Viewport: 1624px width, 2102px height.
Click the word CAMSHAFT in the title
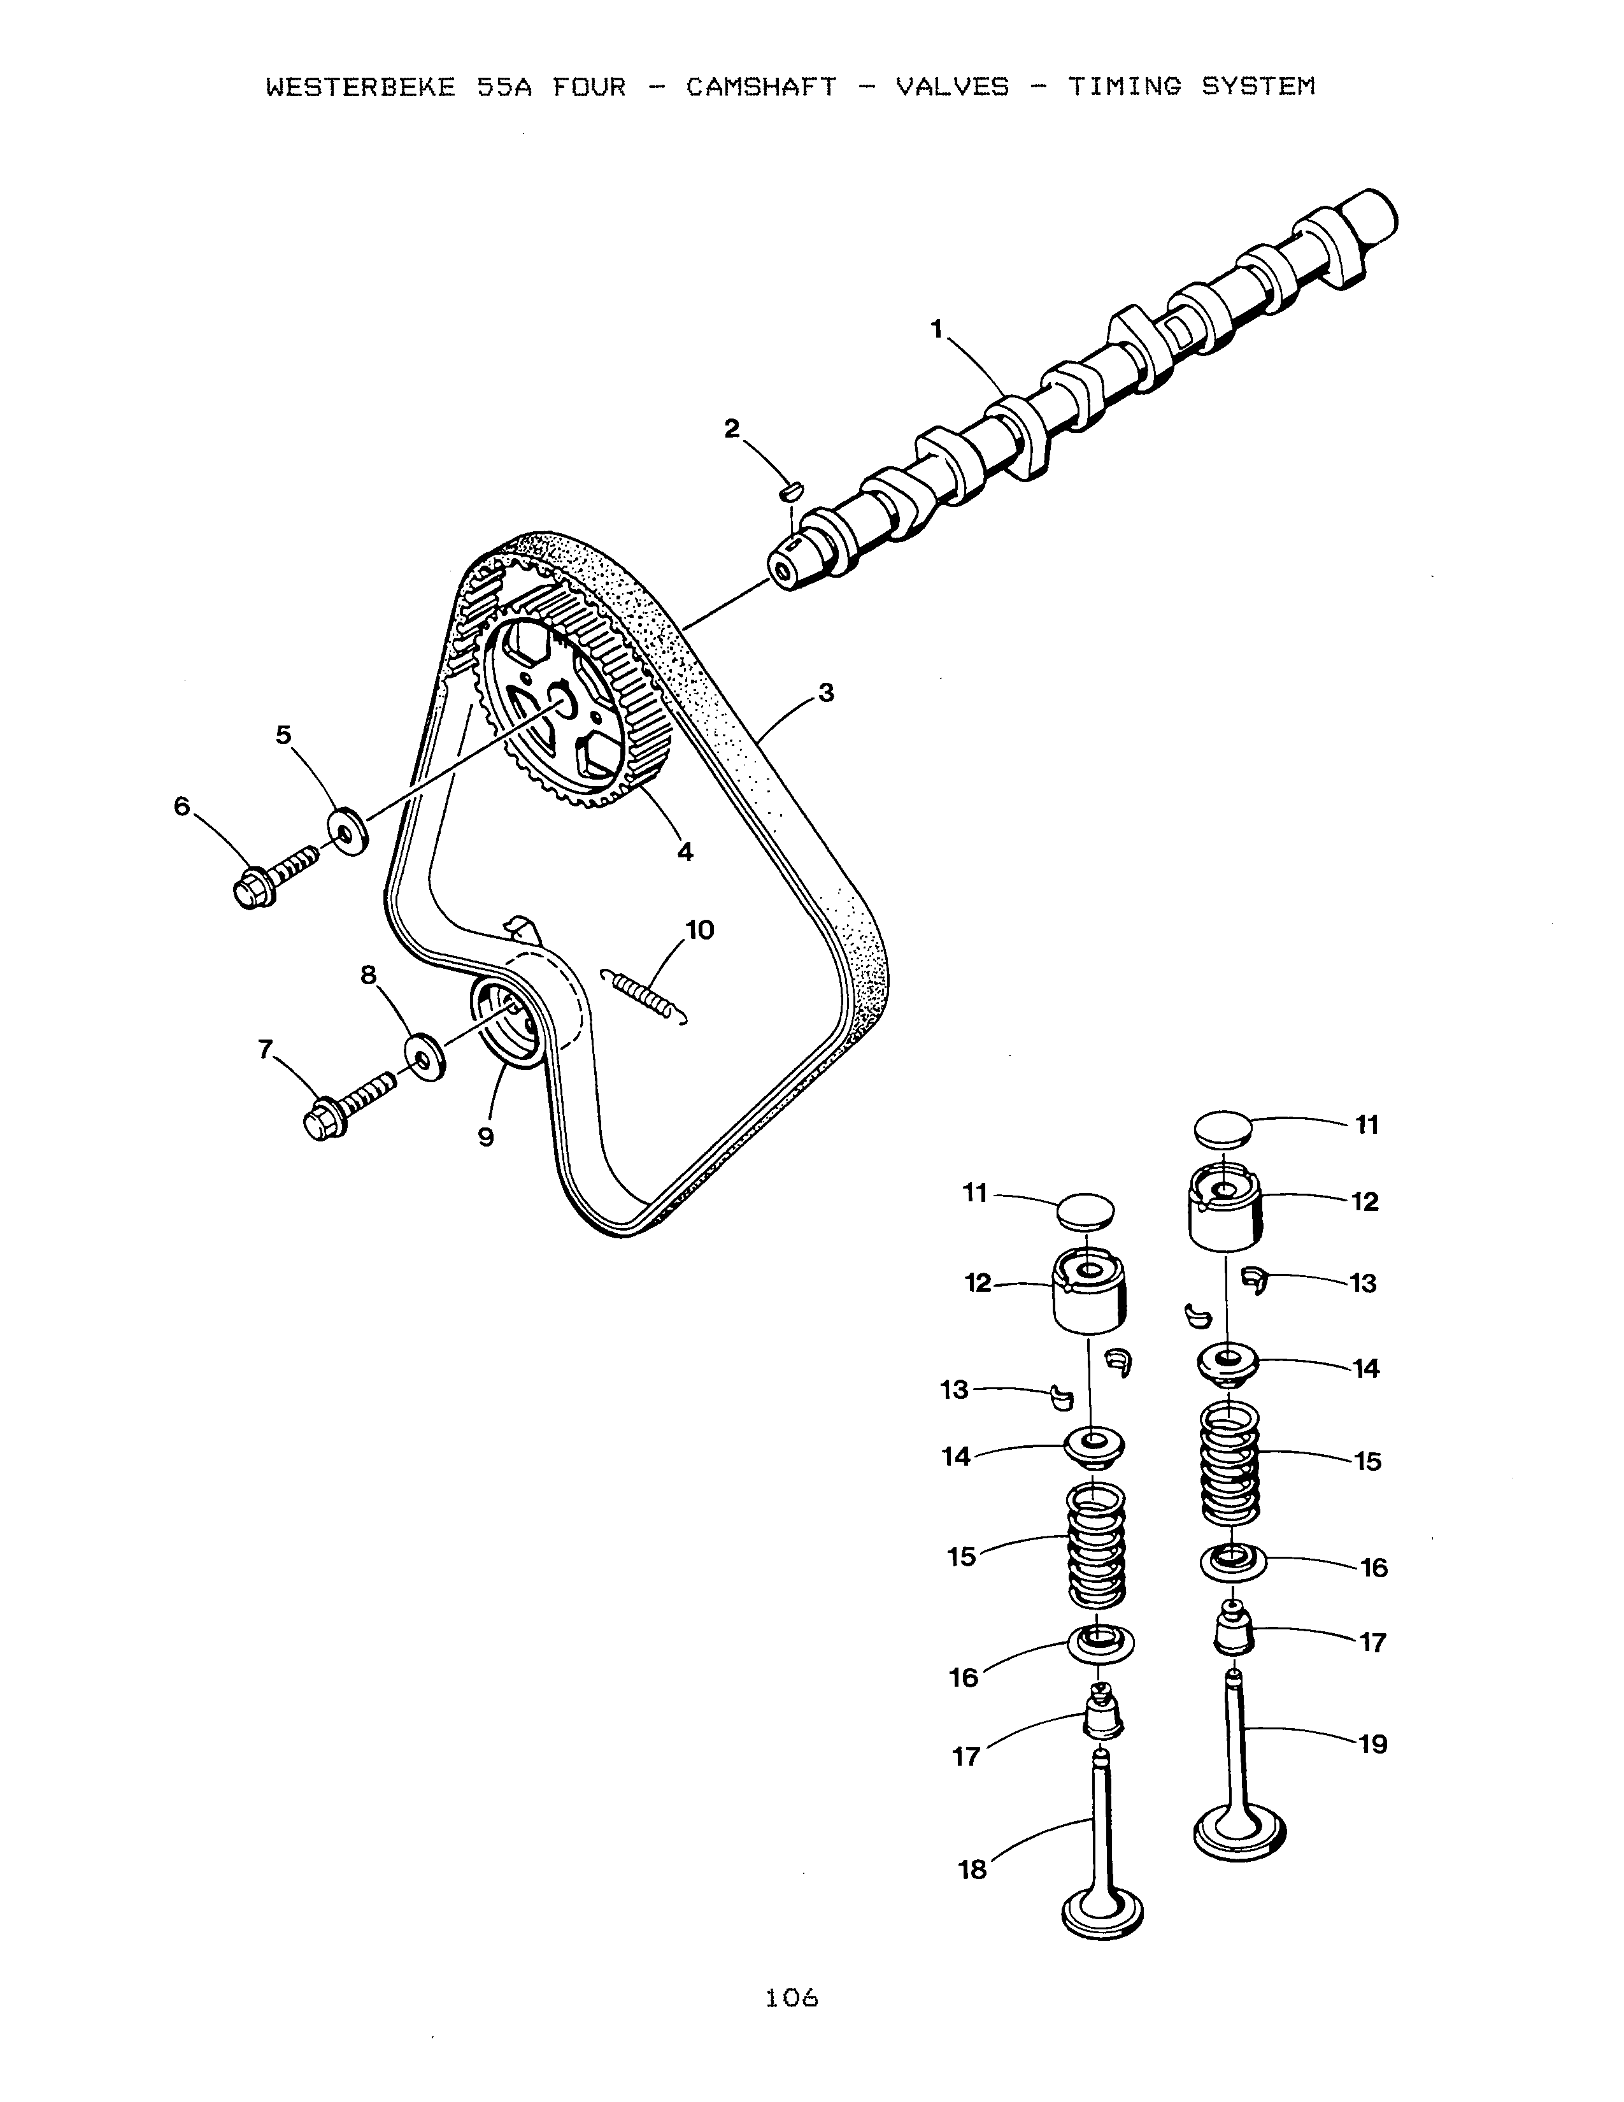click(761, 88)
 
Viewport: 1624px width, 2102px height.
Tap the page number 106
click(792, 1998)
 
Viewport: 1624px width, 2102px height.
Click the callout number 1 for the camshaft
click(936, 329)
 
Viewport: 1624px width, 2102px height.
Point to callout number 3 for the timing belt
click(825, 693)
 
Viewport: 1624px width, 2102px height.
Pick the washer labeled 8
click(424, 1057)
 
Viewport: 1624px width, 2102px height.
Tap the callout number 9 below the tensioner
click(486, 1138)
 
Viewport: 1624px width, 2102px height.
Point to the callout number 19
click(1373, 1744)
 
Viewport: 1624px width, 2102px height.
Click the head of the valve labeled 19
click(1239, 1831)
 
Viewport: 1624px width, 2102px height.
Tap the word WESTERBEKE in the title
click(360, 88)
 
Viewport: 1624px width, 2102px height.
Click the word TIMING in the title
click(1123, 88)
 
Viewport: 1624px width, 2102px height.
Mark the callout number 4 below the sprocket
click(685, 852)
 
